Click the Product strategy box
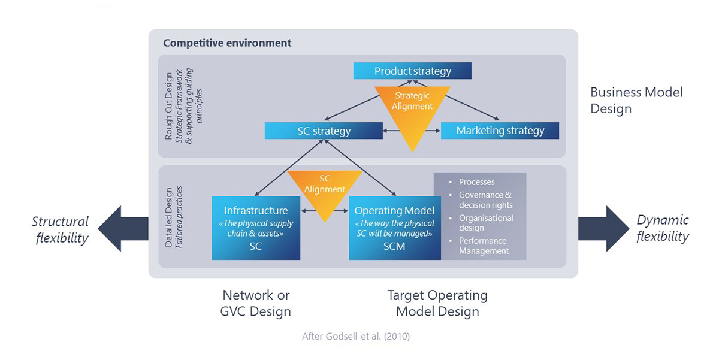pos(412,71)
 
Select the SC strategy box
pos(324,131)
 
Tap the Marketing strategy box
pos(500,131)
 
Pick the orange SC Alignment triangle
pos(325,189)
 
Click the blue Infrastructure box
pos(256,228)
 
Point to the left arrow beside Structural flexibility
pos(123,229)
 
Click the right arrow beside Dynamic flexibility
pos(603,229)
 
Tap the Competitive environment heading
pos(227,43)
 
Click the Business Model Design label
pos(636,101)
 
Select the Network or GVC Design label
pos(256,303)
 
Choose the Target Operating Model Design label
pos(437,303)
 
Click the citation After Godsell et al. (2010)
pos(356,337)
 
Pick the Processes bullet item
pos(477,182)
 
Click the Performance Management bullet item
pos(482,246)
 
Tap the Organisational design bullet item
pos(486,223)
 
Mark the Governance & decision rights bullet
pos(485,200)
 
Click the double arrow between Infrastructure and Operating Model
pos(324,211)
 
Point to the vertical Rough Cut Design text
pos(169,107)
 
